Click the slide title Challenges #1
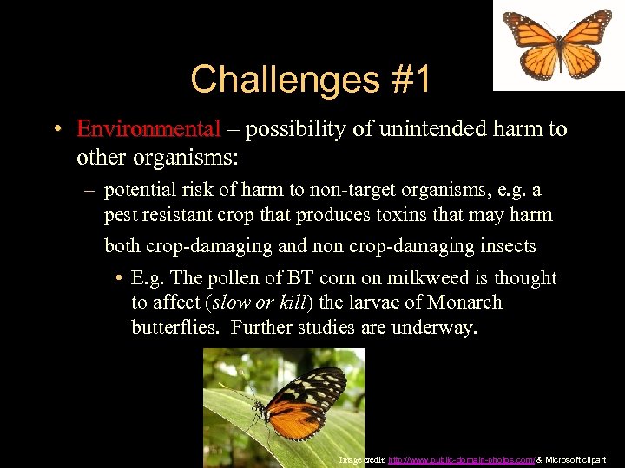[x=310, y=80]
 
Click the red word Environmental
[x=148, y=129]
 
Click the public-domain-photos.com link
[x=453, y=459]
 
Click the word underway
[x=437, y=327]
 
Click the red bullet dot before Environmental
[x=55, y=130]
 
